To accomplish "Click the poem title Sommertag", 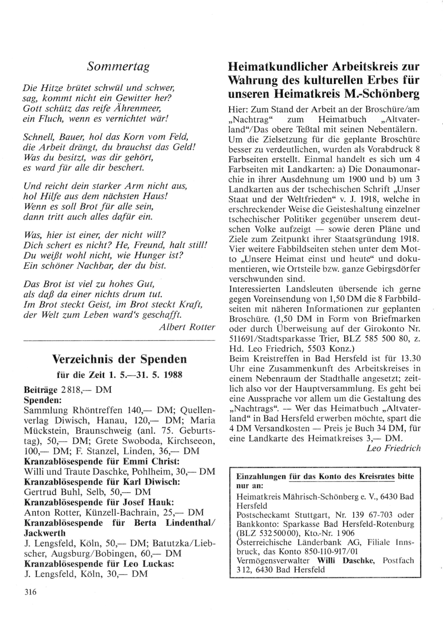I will click(x=118, y=67).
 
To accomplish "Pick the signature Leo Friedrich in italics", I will click(x=393, y=448).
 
